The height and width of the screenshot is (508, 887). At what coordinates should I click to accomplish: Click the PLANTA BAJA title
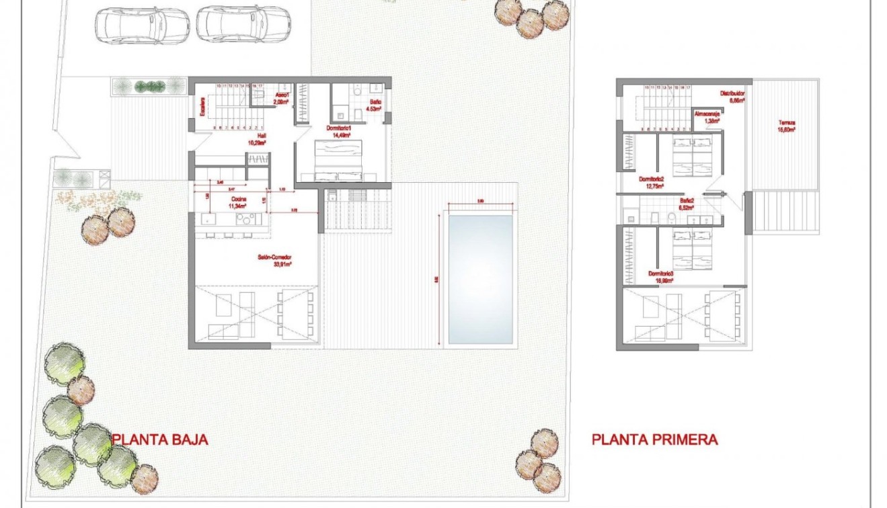pyautogui.click(x=159, y=439)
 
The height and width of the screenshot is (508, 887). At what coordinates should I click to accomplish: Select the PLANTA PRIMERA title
pyautogui.click(x=654, y=439)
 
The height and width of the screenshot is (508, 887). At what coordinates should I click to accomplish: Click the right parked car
pyautogui.click(x=243, y=24)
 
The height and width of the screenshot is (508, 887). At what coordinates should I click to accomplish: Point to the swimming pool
pyautogui.click(x=480, y=279)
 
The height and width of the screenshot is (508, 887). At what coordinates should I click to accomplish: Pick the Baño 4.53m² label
pyautogui.click(x=374, y=105)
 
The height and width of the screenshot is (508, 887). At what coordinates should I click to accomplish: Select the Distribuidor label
pyautogui.click(x=732, y=96)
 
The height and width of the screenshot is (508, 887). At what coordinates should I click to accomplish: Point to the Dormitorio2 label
pyautogui.click(x=652, y=182)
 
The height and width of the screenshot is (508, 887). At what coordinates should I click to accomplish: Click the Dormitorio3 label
pyautogui.click(x=661, y=276)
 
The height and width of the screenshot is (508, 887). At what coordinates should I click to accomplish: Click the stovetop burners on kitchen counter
pyautogui.click(x=247, y=219)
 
